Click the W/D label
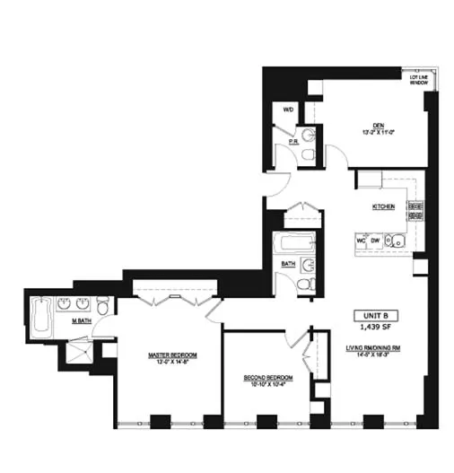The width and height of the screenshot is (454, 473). (x=288, y=109)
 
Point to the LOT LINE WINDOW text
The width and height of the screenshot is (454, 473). (x=417, y=79)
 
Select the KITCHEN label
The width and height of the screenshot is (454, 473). (x=384, y=206)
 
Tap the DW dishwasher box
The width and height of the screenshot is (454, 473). (x=374, y=241)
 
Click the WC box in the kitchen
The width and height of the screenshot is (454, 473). (x=360, y=241)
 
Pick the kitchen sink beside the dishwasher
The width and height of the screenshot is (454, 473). (x=396, y=241)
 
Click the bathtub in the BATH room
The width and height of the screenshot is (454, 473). (x=294, y=243)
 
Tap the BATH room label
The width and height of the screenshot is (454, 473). (x=288, y=264)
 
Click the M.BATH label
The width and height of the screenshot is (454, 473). (x=83, y=320)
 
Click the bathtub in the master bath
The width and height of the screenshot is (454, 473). (x=40, y=318)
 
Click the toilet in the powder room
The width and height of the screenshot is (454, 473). (x=308, y=154)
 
